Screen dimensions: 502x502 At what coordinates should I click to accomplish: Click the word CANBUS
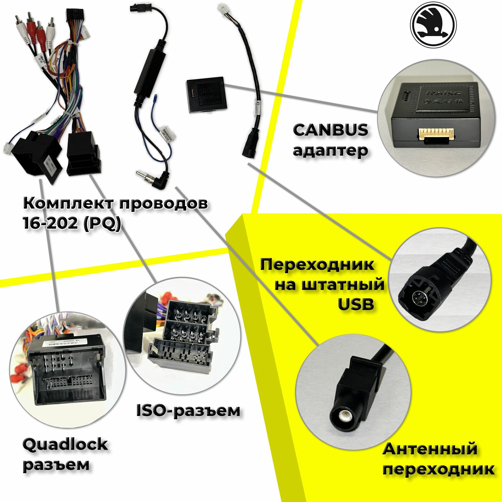point(330,130)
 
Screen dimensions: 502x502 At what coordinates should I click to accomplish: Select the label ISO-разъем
point(188,410)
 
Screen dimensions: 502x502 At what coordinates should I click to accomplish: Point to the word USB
point(356,304)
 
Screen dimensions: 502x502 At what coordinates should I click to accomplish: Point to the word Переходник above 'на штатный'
point(317,265)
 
